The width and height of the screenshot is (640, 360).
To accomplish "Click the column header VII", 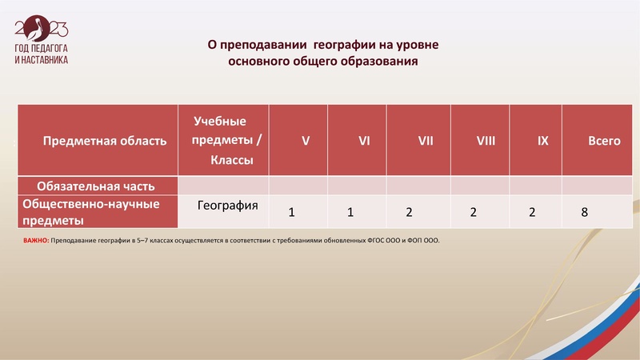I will click(426, 141).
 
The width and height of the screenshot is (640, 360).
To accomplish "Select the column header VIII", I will click(486, 141).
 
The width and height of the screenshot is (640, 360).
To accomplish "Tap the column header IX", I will click(542, 141).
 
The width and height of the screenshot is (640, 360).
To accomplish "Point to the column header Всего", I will click(604, 141).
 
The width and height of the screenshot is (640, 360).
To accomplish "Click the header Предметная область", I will click(104, 141).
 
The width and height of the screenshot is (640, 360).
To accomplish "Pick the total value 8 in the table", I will click(585, 213).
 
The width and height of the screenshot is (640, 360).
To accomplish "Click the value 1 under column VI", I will click(350, 213).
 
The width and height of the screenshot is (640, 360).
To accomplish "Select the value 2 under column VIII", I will click(474, 213).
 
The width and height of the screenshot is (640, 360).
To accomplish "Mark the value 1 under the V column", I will click(291, 213).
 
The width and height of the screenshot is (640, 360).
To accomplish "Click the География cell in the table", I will click(227, 206).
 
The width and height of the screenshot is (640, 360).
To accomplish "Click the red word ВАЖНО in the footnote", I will click(35, 240).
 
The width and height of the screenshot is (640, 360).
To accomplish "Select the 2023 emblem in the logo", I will click(41, 30).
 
